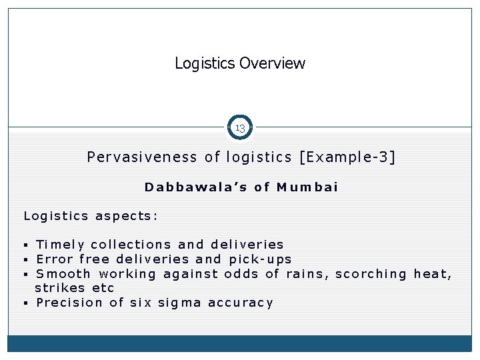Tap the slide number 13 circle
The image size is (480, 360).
pos(240,127)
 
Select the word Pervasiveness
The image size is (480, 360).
pos(142,157)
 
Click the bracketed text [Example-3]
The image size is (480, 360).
pos(347,157)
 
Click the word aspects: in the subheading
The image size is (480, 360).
pos(127,216)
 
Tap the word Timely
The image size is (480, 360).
pos(60,245)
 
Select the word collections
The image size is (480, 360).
pos(131,245)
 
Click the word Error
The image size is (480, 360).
pos(54,259)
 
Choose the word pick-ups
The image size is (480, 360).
pos(260,259)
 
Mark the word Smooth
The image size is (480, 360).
pos(63,274)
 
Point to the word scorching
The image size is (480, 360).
pos(371,274)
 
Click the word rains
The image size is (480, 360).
pos(307,274)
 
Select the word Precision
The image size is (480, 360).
pos(70,303)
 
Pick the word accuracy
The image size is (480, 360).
pos(241,303)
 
